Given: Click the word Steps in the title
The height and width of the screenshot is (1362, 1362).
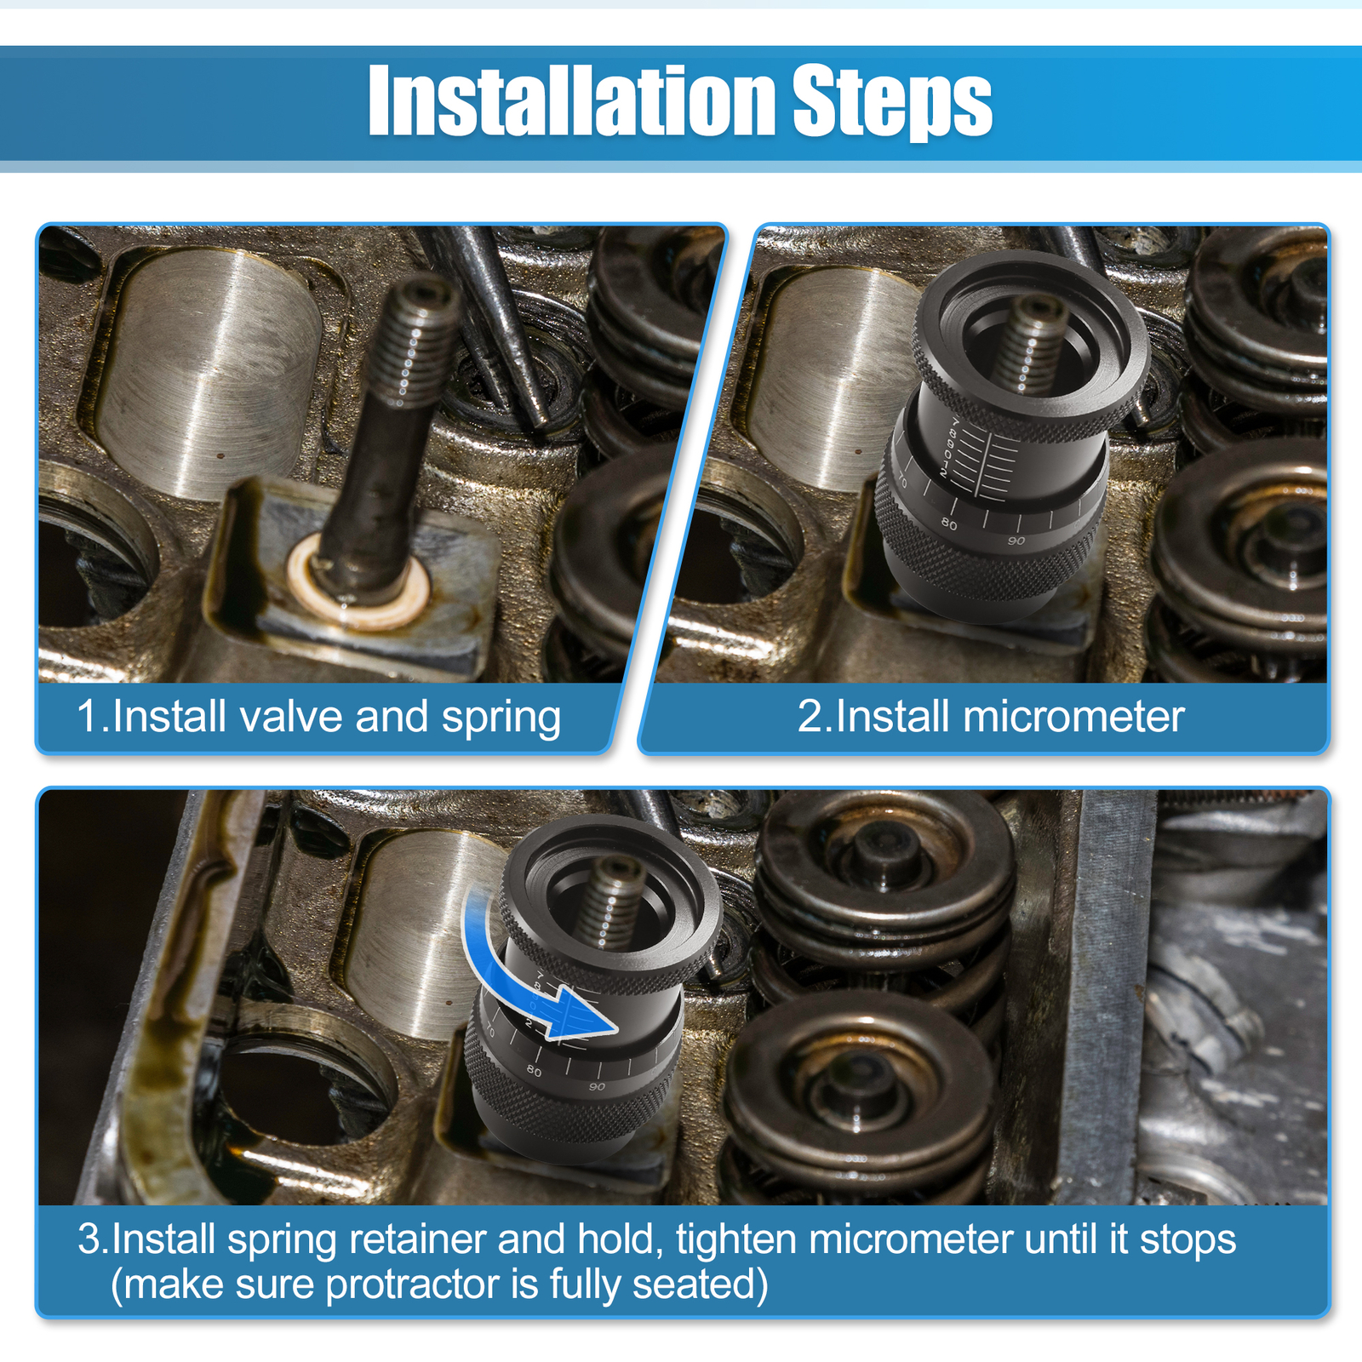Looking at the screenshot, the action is [x=892, y=104].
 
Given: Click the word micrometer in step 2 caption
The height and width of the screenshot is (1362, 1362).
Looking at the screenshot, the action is [x=1073, y=717].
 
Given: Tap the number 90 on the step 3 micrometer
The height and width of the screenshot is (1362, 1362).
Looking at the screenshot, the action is [x=597, y=1087].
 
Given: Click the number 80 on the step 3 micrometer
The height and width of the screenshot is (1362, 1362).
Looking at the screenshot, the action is [x=534, y=1071].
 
